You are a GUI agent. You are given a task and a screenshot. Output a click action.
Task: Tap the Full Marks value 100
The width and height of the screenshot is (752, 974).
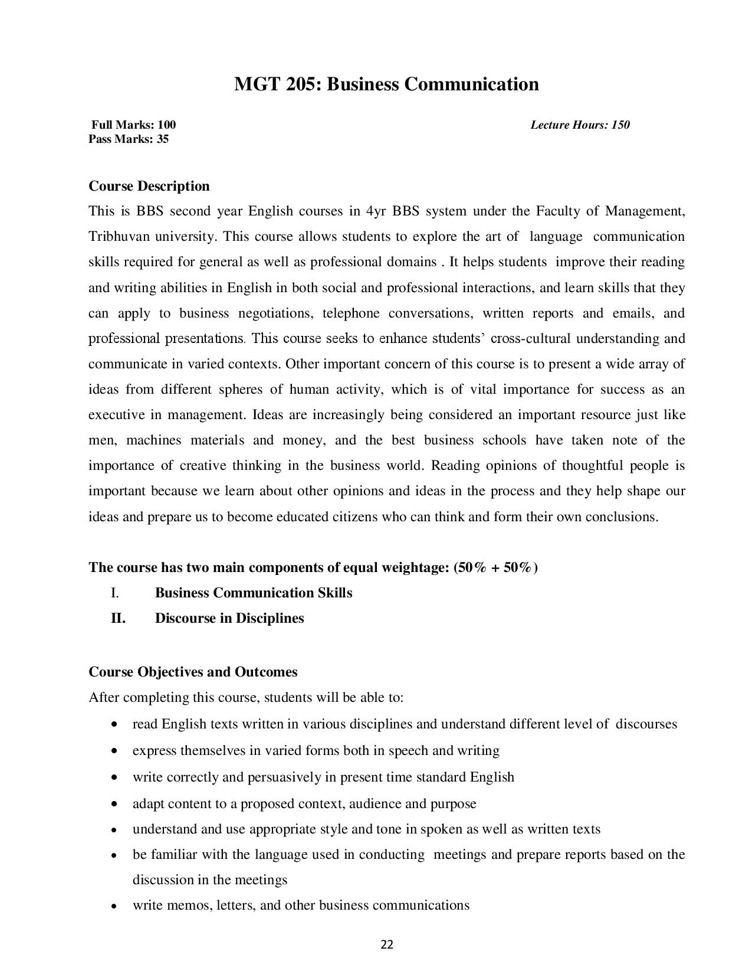pyautogui.click(x=166, y=125)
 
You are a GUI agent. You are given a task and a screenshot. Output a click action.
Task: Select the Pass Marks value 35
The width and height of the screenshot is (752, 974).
pyautogui.click(x=162, y=139)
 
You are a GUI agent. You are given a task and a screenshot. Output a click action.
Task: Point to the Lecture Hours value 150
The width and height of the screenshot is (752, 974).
pyautogui.click(x=620, y=125)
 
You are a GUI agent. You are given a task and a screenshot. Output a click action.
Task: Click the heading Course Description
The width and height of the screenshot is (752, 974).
pyautogui.click(x=149, y=186)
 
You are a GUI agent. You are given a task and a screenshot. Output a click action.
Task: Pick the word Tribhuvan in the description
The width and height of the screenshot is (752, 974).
pyautogui.click(x=119, y=237)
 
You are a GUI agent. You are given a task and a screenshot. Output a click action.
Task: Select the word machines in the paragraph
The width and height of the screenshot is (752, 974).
pyautogui.click(x=153, y=440)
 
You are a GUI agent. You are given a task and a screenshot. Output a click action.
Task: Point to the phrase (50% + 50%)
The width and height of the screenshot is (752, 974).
pyautogui.click(x=495, y=568)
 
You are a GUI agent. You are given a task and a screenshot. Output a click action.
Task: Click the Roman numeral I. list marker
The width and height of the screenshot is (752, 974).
pyautogui.click(x=115, y=593)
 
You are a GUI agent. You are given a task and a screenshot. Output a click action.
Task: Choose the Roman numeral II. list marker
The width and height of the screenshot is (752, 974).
pyautogui.click(x=118, y=619)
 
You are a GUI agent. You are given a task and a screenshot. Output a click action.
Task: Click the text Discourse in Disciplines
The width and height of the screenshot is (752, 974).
pyautogui.click(x=229, y=619)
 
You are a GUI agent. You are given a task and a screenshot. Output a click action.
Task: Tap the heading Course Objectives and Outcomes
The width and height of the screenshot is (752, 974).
pyautogui.click(x=193, y=672)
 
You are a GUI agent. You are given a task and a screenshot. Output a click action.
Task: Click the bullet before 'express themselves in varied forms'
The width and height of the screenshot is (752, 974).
pyautogui.click(x=113, y=751)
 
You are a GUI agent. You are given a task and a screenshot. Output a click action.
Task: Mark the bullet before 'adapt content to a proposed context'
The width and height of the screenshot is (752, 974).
pyautogui.click(x=113, y=804)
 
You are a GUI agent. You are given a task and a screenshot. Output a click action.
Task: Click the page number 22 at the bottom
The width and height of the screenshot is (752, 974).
pyautogui.click(x=387, y=944)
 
